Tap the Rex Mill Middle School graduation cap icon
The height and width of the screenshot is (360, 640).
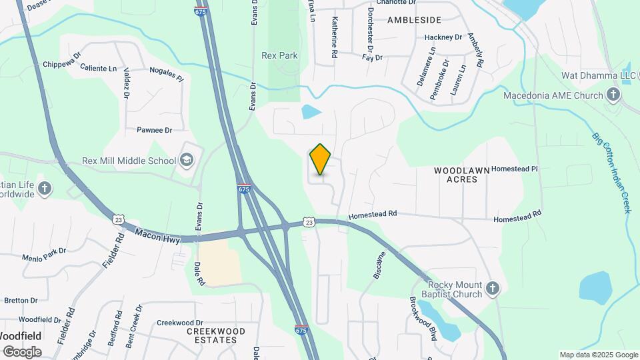pos(187,160)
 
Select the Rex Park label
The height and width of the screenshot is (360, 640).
pos(279,56)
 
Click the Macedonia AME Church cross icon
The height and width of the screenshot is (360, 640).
pos(613,95)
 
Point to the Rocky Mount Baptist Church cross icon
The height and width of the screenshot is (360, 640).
pos(493,289)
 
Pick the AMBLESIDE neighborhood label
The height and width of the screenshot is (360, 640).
pos(415,21)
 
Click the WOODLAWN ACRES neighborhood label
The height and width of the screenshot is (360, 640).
pos(456,175)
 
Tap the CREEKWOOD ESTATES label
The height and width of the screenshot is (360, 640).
pos(216,335)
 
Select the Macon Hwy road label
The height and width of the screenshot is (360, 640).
pos(157,235)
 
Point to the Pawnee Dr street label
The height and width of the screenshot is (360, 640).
pos(154,130)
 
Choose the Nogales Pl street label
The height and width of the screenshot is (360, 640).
pos(166,73)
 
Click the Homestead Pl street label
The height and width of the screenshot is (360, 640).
pos(514,169)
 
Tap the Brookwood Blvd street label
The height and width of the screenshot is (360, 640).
pos(423,318)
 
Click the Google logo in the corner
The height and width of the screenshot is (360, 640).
pos(21,351)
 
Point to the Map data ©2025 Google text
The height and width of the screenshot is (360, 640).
pos(598,355)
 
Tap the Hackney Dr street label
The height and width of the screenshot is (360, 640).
pos(443,37)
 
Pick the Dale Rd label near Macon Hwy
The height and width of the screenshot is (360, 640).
pos(200,273)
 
